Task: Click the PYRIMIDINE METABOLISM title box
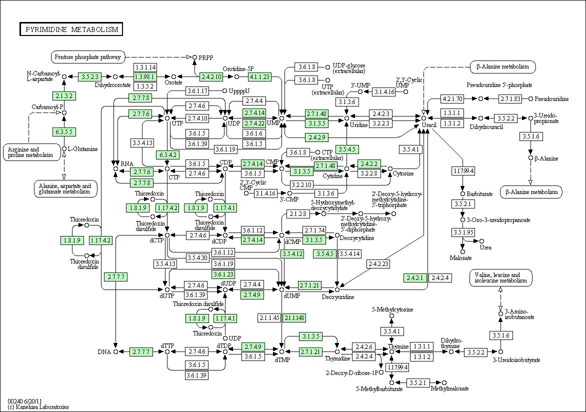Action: [x=71, y=29]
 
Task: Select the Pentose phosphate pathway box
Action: [x=88, y=57]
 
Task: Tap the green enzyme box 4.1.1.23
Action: [x=259, y=76]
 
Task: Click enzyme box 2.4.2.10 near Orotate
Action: [x=211, y=76]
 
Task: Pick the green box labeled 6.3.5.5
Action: [x=64, y=131]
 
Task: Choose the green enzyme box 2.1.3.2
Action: [x=64, y=95]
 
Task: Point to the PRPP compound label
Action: [x=206, y=57]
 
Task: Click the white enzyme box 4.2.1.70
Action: [x=452, y=98]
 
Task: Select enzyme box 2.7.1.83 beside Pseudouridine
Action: [x=510, y=98]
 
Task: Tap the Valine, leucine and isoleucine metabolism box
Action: [x=501, y=278]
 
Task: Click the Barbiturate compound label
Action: [x=479, y=193]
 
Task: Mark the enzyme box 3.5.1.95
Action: [x=462, y=232]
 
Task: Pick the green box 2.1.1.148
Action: [x=294, y=318]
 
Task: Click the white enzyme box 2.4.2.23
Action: [x=378, y=263]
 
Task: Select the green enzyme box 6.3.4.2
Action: [x=167, y=154]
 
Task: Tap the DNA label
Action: [x=104, y=352]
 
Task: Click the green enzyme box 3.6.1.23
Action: [x=223, y=274]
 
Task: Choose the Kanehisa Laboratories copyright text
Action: [x=38, y=407]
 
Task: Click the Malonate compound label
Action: [x=461, y=258]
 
